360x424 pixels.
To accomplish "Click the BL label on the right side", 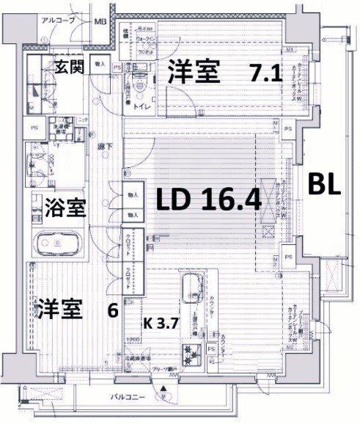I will point(323,184).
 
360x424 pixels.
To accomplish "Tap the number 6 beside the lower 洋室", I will point(112,310).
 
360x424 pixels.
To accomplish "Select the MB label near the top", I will point(99,21).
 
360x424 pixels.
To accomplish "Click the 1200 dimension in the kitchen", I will point(133,340).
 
